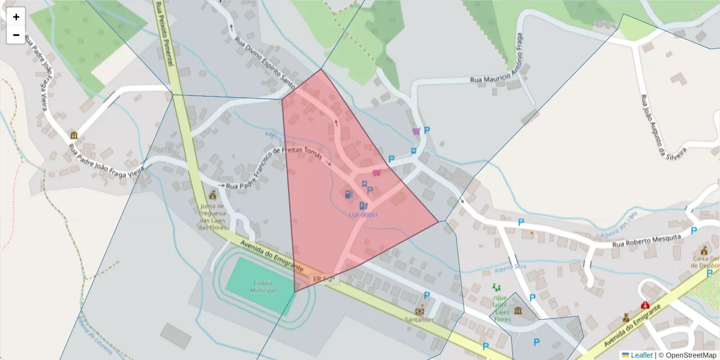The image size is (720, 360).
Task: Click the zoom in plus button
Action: tap(16, 17)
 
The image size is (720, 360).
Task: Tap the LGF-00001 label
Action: tap(364, 214)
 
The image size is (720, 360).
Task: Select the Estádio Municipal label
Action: tap(260, 286)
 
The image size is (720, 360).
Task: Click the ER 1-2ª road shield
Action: tap(323, 279)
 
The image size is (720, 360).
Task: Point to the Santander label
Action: tap(419, 320)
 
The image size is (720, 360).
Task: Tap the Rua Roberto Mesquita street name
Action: tap(647, 240)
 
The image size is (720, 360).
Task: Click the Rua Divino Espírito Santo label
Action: tap(265, 61)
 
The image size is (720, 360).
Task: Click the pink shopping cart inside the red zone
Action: tap(376, 173)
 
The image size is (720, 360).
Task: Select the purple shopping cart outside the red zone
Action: tap(416, 131)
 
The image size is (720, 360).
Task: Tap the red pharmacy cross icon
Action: tap(645, 305)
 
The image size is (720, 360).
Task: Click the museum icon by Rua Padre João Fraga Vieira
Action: tap(74, 135)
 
